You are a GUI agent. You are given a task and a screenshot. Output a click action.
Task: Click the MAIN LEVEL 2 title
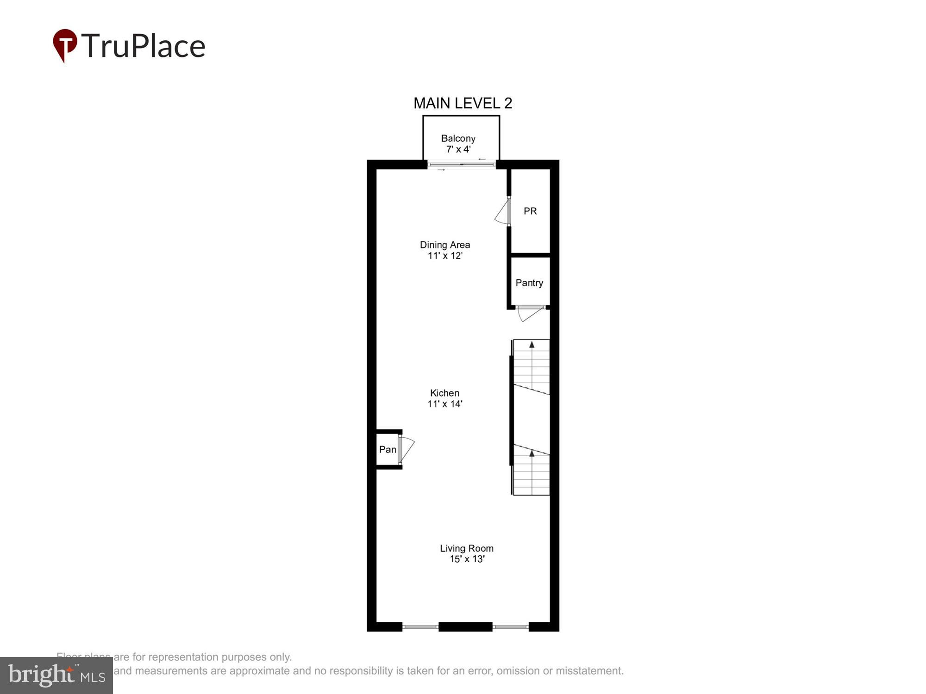click(x=463, y=103)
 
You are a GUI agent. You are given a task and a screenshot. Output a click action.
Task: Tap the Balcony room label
click(x=458, y=138)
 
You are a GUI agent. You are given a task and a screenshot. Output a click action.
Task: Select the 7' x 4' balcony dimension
click(x=458, y=149)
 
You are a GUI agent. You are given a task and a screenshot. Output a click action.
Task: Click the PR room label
click(x=530, y=211)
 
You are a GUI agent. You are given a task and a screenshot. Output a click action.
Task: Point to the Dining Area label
click(x=444, y=245)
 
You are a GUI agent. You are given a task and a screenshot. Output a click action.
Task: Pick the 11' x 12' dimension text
click(x=444, y=256)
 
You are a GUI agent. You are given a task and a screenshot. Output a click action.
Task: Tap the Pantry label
click(x=529, y=283)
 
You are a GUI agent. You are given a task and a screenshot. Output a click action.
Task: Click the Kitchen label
click(x=444, y=393)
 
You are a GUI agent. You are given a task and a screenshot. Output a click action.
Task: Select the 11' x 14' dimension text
click(x=444, y=404)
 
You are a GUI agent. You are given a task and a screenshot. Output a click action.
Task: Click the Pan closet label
click(x=388, y=449)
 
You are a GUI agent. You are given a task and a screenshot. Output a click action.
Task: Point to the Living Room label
click(x=466, y=548)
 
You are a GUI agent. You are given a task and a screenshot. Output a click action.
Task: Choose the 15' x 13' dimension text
click(x=467, y=559)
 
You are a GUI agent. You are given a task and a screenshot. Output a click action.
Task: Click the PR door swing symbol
click(x=503, y=212)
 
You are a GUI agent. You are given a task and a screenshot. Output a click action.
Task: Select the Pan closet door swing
click(x=406, y=448)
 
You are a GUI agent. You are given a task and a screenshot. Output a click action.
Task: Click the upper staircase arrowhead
click(x=532, y=345)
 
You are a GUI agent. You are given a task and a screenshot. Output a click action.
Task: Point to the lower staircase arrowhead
click(x=532, y=453)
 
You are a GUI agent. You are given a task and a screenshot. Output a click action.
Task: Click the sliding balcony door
click(x=462, y=164)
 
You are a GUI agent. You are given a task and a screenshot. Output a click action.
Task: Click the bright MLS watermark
click(x=56, y=675)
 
